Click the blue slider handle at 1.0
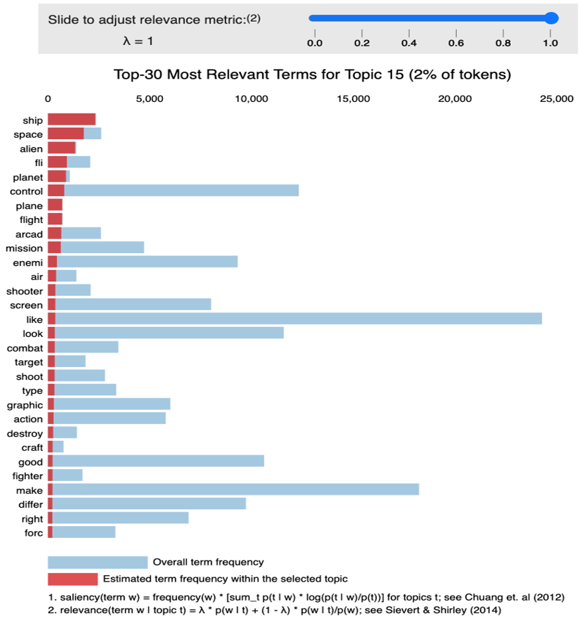(552, 18)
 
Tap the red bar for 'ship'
(71, 120)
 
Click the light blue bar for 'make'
(236, 489)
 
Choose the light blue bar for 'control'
(181, 191)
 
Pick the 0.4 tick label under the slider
(408, 43)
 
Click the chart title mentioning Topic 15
(312, 75)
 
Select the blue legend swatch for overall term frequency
(97, 562)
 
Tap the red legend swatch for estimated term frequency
(72, 579)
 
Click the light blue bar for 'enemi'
(148, 262)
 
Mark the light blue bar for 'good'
(158, 461)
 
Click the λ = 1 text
(137, 41)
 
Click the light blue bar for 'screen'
(133, 305)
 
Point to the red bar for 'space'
(65, 134)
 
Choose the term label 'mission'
(24, 248)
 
